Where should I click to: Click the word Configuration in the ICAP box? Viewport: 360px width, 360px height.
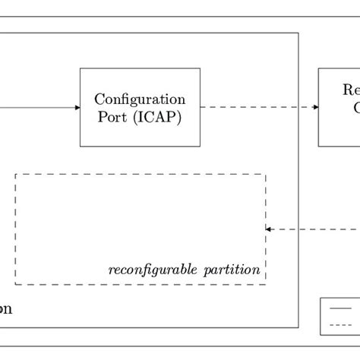(x=140, y=99)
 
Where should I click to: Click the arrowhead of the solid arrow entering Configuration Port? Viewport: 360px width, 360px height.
(x=77, y=107)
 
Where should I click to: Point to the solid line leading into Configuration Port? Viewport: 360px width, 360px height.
(x=38, y=107)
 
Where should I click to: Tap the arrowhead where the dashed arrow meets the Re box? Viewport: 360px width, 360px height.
(x=314, y=107)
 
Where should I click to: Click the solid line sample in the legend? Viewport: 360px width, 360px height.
(x=339, y=308)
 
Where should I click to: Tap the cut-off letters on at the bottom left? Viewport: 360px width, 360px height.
(x=5, y=309)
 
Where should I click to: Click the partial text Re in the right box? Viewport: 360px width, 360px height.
(x=351, y=90)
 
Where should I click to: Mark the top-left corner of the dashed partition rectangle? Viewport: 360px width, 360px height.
(x=16, y=174)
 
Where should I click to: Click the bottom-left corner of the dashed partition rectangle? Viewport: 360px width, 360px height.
(x=16, y=284)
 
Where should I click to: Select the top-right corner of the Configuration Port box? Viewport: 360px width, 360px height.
(x=200, y=68)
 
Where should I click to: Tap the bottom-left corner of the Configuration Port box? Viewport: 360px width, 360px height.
(x=81, y=146)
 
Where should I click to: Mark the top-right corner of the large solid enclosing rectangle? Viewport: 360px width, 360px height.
(x=298, y=33)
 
